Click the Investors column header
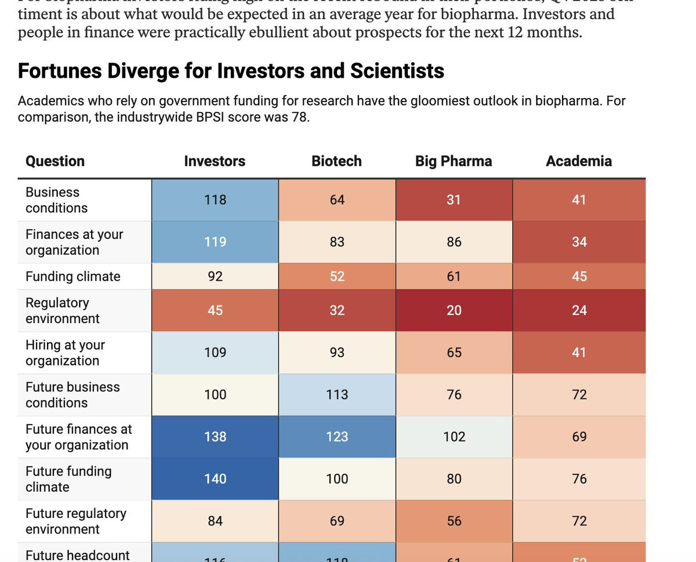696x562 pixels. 215,161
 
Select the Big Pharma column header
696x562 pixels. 454,161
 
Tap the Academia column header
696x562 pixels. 578,161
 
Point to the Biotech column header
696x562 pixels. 336,161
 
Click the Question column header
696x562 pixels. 55,161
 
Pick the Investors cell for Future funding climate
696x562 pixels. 215,479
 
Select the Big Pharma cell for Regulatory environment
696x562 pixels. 454,310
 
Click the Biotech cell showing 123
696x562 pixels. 337,437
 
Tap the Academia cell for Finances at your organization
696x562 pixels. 579,242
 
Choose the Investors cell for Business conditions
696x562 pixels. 215,200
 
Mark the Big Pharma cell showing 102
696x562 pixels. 454,437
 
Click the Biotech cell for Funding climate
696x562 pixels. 337,277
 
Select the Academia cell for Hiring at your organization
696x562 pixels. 579,353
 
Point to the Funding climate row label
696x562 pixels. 73,277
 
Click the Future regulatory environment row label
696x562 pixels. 75,521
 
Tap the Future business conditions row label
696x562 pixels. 72,394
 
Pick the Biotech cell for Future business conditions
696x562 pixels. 337,395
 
